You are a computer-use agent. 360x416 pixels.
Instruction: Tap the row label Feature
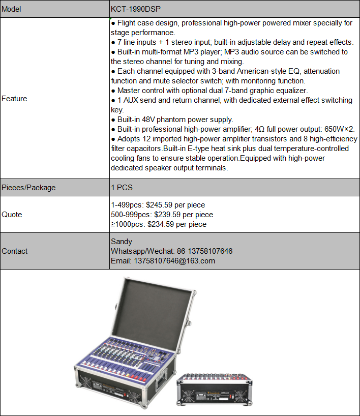(x=14, y=99)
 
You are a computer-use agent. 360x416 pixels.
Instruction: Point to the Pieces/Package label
(x=28, y=188)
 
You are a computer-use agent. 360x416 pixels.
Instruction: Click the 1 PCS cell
(x=122, y=188)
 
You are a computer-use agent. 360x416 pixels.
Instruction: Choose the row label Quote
(x=12, y=215)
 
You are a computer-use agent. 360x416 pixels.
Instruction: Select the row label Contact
(x=15, y=251)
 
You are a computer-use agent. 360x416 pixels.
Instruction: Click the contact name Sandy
(x=122, y=242)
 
